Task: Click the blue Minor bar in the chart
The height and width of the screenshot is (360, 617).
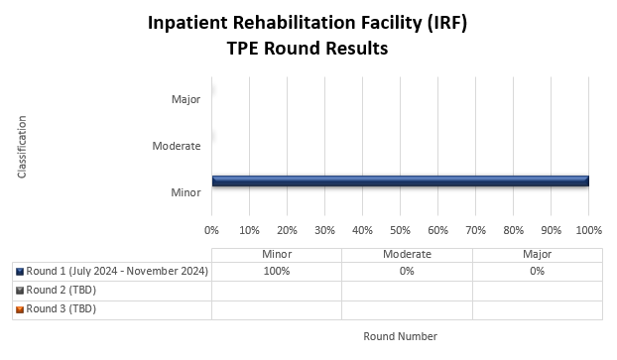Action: click(x=400, y=180)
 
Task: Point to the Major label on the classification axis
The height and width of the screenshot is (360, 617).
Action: click(x=185, y=99)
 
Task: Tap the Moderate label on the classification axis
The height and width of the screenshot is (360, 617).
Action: click(x=177, y=146)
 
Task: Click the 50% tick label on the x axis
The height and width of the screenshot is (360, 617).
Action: click(x=400, y=230)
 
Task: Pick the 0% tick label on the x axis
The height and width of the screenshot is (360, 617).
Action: click(x=211, y=230)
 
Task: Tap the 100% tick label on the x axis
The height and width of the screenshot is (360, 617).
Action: click(x=588, y=230)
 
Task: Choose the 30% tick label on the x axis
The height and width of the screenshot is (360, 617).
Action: click(x=324, y=230)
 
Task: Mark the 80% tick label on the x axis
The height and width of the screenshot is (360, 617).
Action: click(x=513, y=230)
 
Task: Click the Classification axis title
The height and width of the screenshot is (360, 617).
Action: click(x=22, y=147)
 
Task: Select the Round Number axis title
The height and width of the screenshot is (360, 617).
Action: click(x=400, y=336)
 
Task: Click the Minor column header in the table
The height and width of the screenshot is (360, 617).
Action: click(x=276, y=254)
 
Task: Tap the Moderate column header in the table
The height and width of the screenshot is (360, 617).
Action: click(x=407, y=254)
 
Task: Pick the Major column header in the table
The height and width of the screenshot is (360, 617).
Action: click(x=537, y=254)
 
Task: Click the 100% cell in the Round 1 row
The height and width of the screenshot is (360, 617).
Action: click(x=276, y=272)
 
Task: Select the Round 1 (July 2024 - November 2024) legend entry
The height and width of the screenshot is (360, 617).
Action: click(x=117, y=272)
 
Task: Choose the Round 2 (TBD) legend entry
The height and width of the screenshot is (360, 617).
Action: click(x=61, y=290)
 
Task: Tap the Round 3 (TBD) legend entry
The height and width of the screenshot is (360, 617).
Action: click(x=61, y=308)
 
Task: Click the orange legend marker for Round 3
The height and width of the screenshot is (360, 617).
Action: click(x=20, y=308)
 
